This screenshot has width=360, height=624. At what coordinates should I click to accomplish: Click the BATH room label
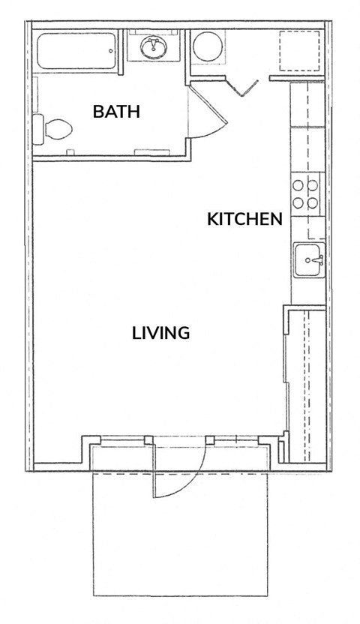pos(116,112)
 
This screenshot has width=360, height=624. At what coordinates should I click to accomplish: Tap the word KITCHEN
pos(244,219)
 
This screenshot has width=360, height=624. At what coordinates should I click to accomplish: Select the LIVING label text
pos(160,332)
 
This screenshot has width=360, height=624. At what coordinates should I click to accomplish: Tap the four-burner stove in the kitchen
pos(307,193)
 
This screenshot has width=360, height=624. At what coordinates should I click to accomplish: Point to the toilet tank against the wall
pos(38,130)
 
